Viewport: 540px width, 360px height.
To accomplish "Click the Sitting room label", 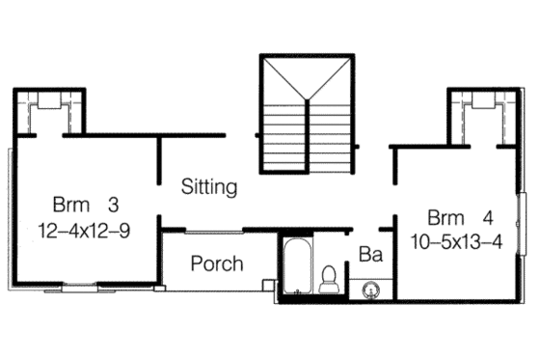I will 209,187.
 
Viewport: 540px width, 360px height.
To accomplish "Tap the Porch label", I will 217,263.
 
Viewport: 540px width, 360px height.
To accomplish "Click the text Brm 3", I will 85,206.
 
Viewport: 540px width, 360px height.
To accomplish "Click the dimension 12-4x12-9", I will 86,231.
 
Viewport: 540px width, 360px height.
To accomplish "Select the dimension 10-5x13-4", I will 455,241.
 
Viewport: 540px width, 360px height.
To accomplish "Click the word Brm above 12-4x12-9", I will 70,206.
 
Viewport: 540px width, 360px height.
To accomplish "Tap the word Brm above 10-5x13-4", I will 446,215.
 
